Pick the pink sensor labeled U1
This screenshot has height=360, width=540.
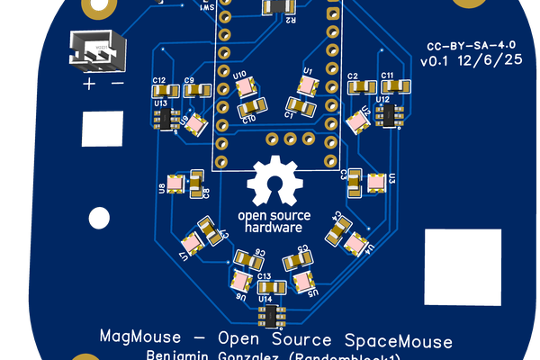[307, 85]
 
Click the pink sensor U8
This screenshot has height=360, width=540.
[175, 185]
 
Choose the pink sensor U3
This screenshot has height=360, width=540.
[375, 182]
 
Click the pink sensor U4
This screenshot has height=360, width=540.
[356, 242]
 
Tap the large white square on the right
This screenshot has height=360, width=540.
[463, 268]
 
